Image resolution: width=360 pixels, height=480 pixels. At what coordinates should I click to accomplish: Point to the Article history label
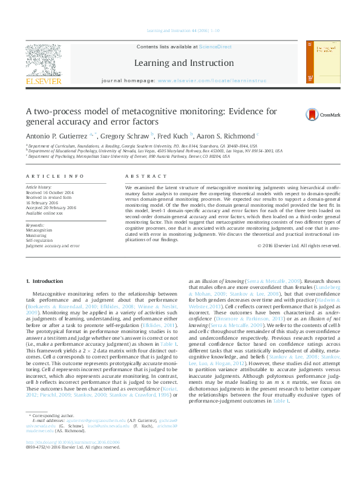point(39,187)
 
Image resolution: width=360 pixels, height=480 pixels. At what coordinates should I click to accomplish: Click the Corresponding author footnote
point(52,433)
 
